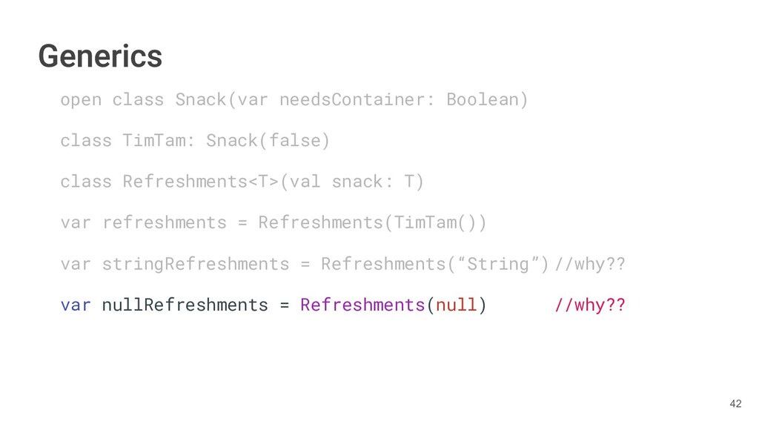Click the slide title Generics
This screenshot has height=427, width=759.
[x=100, y=56]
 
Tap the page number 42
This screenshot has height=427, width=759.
[x=735, y=403]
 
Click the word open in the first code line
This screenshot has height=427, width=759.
[x=81, y=99]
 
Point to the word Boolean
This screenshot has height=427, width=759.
[x=483, y=99]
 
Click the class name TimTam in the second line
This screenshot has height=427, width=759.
[x=154, y=140]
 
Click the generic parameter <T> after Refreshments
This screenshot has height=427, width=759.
[x=263, y=182]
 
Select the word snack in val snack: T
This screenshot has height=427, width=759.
[x=357, y=182]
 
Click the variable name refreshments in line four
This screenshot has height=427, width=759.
[x=165, y=222]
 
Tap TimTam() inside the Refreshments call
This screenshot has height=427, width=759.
[x=435, y=222]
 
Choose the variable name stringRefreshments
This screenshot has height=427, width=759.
[x=196, y=264]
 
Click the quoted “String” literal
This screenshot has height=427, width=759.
[x=503, y=264]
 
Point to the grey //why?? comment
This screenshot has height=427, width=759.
[x=589, y=264]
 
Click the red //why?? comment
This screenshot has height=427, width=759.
[x=589, y=305]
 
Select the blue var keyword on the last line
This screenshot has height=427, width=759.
[x=76, y=305]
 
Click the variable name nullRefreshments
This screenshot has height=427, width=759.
[x=185, y=305]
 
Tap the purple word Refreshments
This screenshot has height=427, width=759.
[x=362, y=305]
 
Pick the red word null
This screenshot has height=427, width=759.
[x=456, y=305]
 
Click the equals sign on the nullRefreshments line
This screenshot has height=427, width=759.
[x=285, y=305]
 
